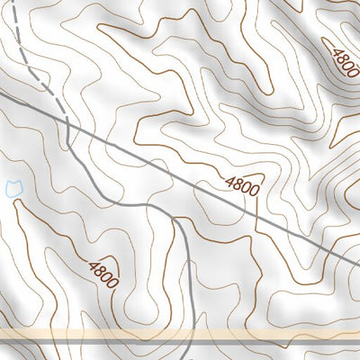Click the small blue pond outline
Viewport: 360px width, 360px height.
pyautogui.click(x=13, y=188)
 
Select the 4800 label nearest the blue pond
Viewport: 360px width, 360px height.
pyautogui.click(x=103, y=273)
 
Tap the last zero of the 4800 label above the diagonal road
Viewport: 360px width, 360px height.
pyautogui.click(x=255, y=191)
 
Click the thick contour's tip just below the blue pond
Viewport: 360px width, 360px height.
pyautogui.click(x=14, y=202)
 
